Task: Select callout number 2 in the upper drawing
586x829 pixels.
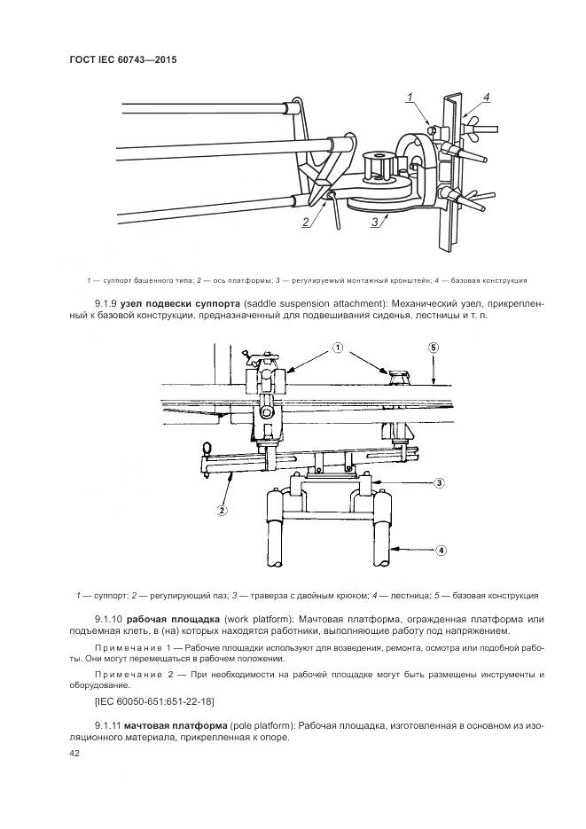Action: (304, 222)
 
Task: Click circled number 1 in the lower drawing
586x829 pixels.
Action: (339, 349)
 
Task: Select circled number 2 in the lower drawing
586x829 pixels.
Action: (222, 510)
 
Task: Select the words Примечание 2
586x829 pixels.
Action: (137, 675)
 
